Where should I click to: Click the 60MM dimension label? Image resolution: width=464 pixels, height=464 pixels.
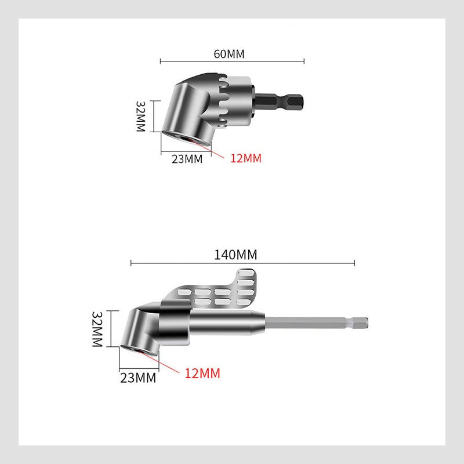click(x=229, y=55)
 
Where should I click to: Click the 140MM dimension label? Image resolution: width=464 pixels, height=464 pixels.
click(x=235, y=255)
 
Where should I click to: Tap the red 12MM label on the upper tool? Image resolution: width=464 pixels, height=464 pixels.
click(x=246, y=158)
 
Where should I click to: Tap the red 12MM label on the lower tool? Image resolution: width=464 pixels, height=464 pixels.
click(x=202, y=374)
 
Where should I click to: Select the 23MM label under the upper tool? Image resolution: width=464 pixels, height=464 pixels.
click(x=187, y=159)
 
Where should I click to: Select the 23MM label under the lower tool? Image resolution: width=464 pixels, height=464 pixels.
click(x=137, y=378)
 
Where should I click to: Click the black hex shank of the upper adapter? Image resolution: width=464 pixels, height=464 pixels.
click(x=285, y=105)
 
